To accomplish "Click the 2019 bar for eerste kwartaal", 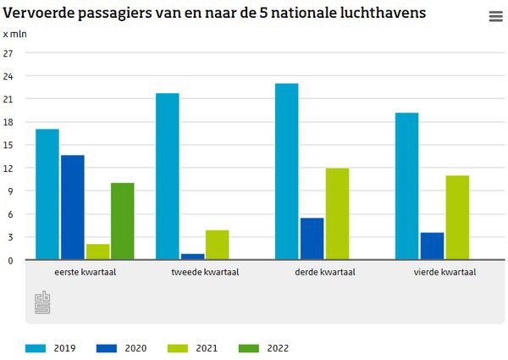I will coord(47,195).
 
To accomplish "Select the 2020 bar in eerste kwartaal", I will coord(73,208).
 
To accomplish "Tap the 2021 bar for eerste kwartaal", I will coord(97,252).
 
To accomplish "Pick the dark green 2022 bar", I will coord(123,221).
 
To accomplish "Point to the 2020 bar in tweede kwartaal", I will coord(192,257).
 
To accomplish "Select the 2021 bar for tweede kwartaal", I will coord(218,245).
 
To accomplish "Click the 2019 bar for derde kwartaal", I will coord(287,171).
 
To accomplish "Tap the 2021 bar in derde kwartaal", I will coord(337,213).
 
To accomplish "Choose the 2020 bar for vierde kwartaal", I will coord(432,246).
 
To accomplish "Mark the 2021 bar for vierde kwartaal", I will coord(457,218).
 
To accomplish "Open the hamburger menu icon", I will coord(495,17).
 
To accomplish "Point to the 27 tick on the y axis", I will coord(9,53).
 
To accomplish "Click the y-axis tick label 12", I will coord(9,168).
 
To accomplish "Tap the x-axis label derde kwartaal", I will coord(324,273).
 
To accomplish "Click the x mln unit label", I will coord(15,34).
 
